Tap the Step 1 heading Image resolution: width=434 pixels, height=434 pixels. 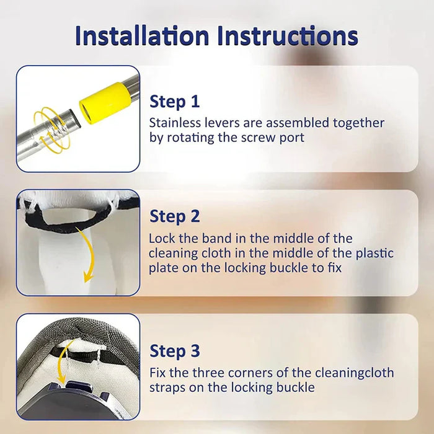pyautogui.click(x=175, y=102)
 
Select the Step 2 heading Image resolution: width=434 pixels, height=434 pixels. pyautogui.click(x=175, y=216)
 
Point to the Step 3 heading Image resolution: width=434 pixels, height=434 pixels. pyautogui.click(x=175, y=351)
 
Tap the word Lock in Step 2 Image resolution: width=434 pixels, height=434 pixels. pyautogui.click(x=161, y=239)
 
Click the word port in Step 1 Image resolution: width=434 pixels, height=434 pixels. pyautogui.click(x=292, y=138)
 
